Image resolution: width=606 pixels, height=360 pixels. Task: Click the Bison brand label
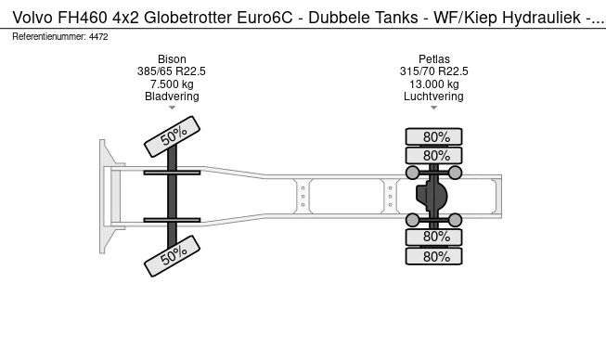[x=172, y=58]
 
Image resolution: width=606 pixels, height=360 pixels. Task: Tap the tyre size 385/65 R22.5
[x=172, y=71]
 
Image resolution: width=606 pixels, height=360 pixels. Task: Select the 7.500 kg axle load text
[x=172, y=84]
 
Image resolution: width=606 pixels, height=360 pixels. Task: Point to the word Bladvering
[x=172, y=96]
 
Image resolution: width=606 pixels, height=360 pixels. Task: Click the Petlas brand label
[x=434, y=58]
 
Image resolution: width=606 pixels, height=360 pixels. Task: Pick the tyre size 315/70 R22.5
[x=434, y=71]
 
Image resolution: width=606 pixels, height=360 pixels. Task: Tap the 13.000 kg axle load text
[x=434, y=84]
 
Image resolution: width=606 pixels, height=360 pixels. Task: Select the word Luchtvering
[x=434, y=96]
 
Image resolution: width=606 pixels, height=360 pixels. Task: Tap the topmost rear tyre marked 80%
[x=436, y=136]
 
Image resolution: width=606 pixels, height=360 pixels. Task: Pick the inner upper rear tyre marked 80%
[x=436, y=155]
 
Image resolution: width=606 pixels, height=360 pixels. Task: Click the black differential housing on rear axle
[x=432, y=196]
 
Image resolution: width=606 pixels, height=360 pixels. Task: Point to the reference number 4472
[x=99, y=36]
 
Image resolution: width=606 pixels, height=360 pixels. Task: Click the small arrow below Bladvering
[x=172, y=109]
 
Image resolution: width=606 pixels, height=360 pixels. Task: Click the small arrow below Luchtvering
[x=434, y=109]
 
